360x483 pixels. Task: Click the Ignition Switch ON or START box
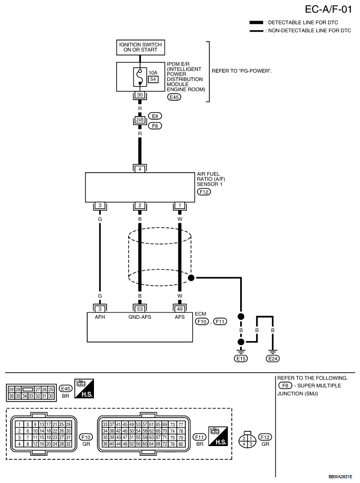(140, 48)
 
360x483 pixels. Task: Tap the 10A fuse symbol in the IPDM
(140, 77)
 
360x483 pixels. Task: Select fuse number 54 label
(153, 79)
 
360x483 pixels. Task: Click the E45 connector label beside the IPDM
(174, 97)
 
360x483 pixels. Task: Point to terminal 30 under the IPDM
(140, 95)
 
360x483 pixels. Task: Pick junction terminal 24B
(140, 120)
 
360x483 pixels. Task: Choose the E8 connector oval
(155, 116)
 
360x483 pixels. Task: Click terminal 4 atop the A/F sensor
(140, 169)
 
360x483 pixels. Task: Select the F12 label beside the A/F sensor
(204, 192)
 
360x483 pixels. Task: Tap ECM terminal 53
(140, 309)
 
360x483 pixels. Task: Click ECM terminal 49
(180, 309)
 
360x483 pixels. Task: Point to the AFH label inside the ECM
(100, 317)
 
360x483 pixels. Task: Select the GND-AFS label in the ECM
(140, 317)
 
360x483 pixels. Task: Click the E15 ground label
(241, 358)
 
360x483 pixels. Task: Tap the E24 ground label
(273, 358)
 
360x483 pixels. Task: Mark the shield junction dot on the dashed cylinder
(191, 278)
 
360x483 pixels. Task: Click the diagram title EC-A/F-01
(328, 10)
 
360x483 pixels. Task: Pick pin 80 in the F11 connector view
(181, 444)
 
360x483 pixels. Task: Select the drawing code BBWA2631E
(340, 477)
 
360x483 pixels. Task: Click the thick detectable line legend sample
(256, 23)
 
